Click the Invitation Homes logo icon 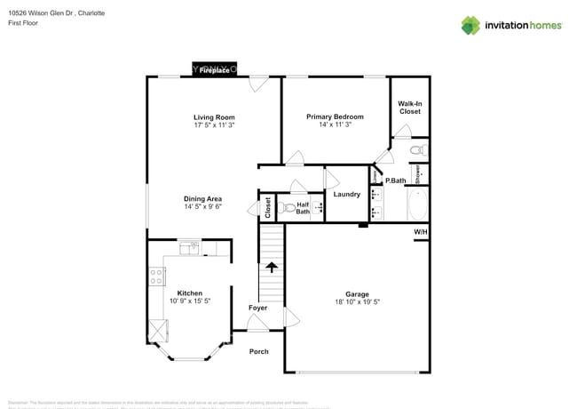click(x=471, y=25)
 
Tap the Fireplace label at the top click(x=214, y=69)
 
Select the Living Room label click(x=214, y=116)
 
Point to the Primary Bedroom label click(x=335, y=116)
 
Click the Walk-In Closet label click(x=409, y=108)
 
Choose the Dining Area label click(x=202, y=198)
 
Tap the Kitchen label click(x=189, y=293)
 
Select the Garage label click(x=357, y=294)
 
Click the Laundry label click(x=345, y=194)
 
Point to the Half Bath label click(x=303, y=208)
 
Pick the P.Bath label click(x=395, y=180)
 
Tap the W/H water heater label click(x=420, y=232)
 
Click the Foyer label click(x=257, y=308)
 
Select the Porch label click(x=258, y=351)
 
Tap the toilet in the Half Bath click(x=286, y=210)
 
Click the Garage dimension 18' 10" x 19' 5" click(x=357, y=302)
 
